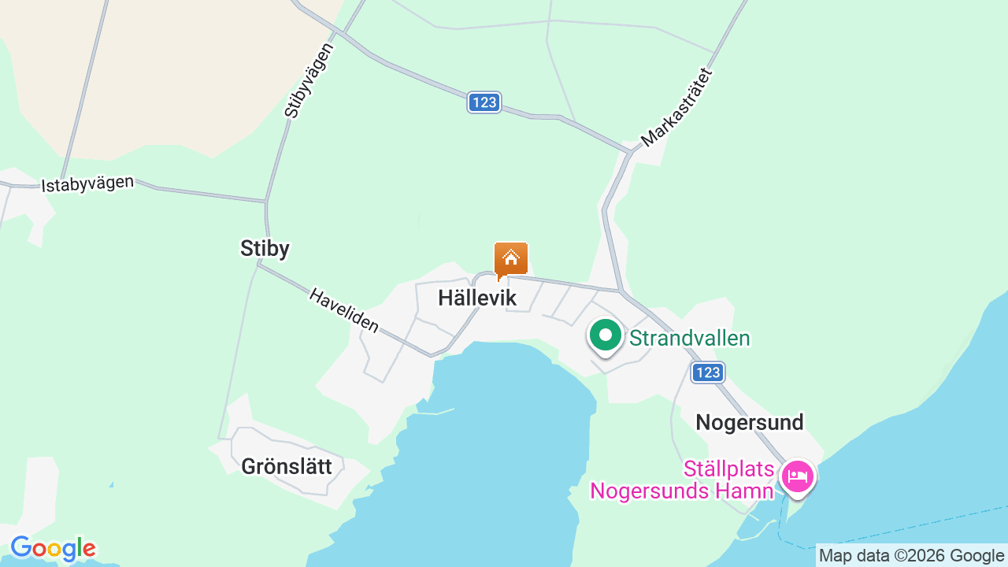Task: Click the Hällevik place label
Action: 477,298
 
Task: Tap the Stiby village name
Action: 265,249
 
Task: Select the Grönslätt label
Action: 287,466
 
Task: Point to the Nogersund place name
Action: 750,423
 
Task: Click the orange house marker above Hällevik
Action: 511,259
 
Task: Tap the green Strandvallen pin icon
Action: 605,336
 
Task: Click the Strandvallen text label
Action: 689,339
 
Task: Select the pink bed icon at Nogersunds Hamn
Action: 797,476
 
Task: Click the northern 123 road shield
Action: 484,102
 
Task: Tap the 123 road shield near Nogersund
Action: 708,372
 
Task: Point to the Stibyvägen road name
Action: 309,80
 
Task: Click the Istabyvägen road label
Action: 87,184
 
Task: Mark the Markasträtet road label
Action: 676,108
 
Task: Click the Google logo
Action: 53,548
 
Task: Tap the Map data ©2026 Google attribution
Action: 911,555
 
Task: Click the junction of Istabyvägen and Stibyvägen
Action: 266,202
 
